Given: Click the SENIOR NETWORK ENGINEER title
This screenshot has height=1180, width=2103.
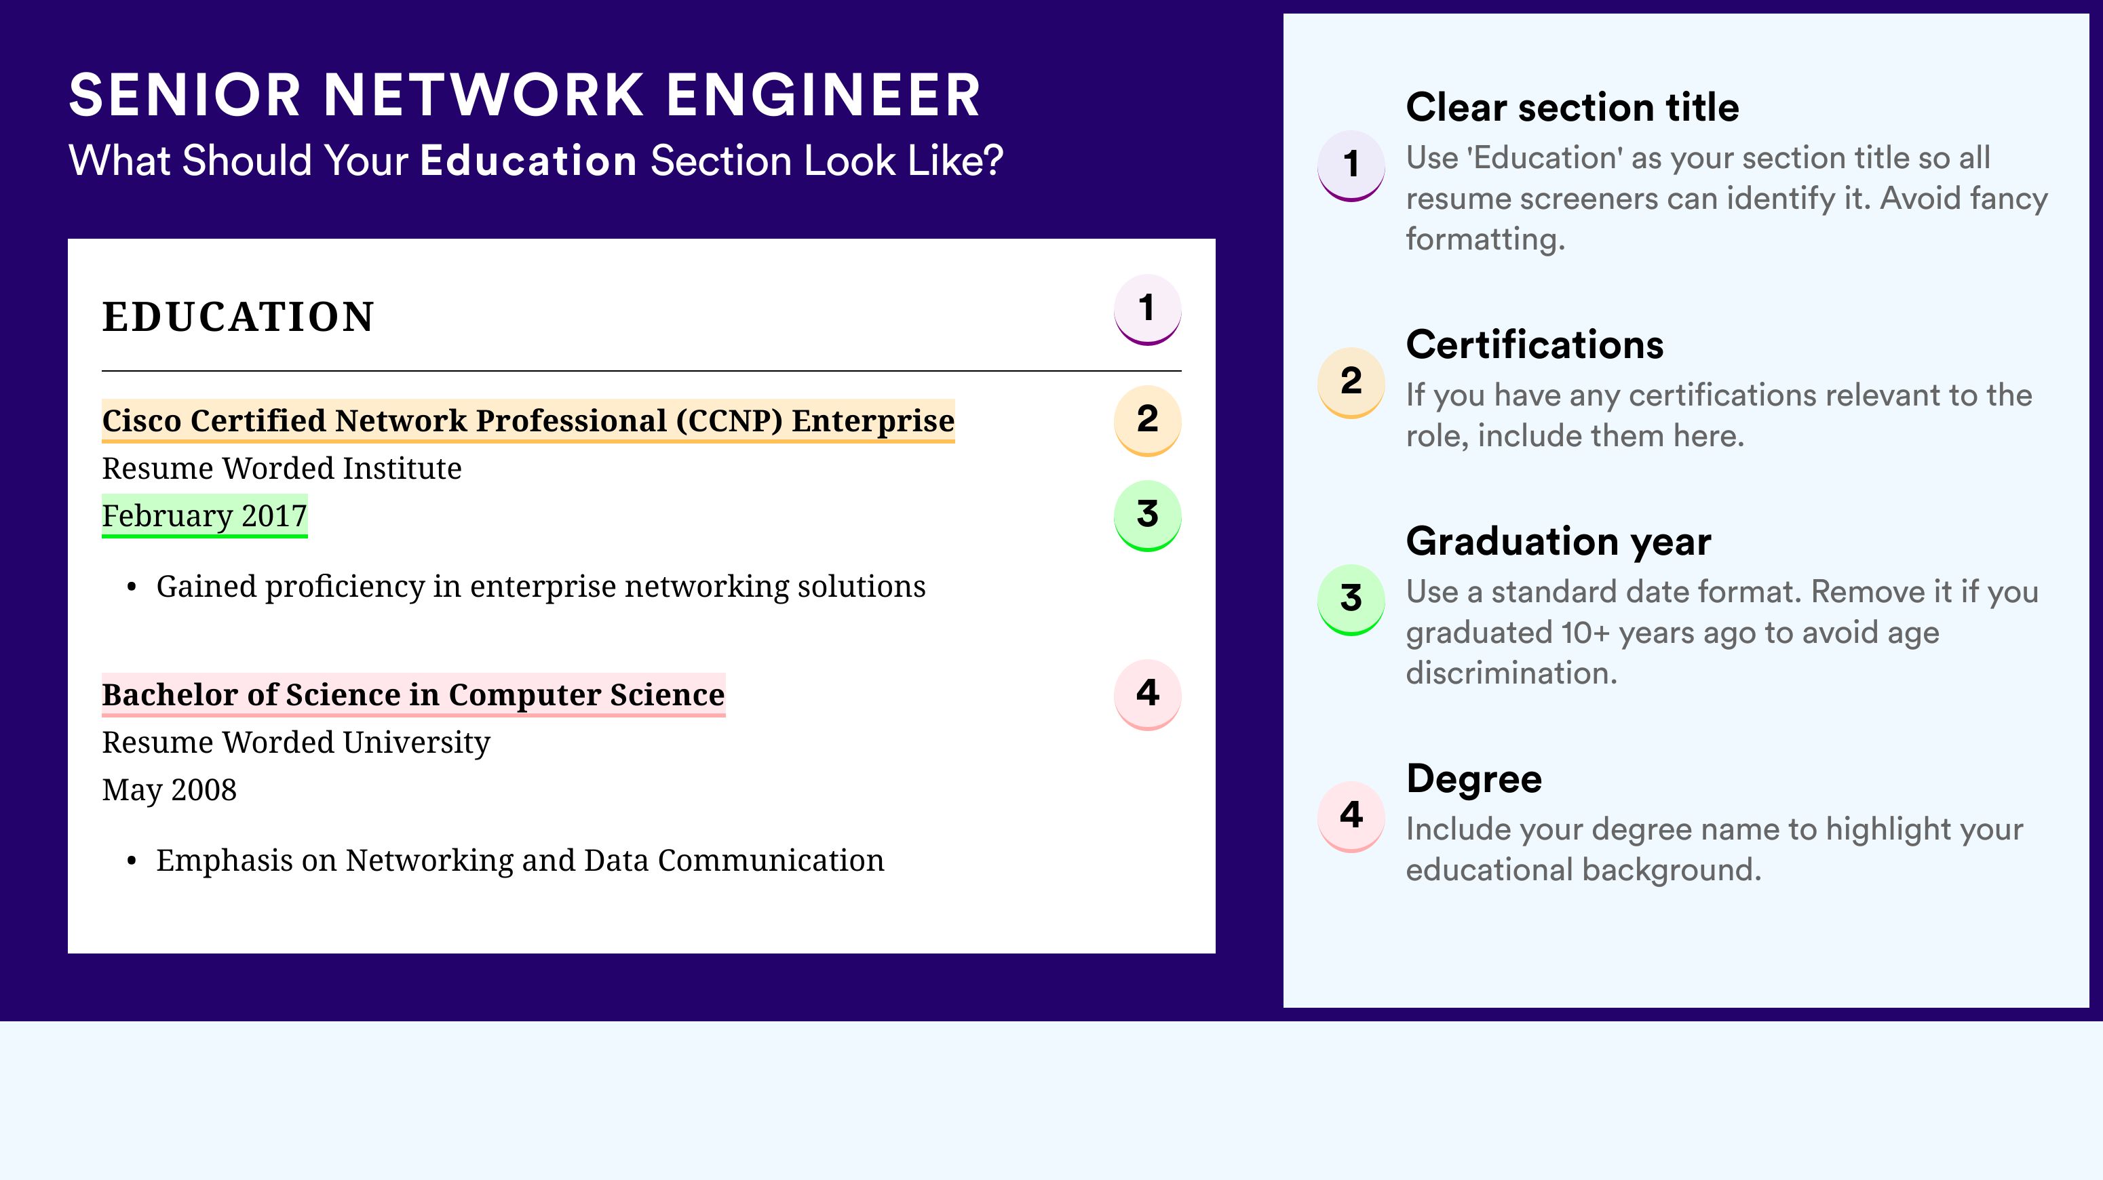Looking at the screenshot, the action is [524, 96].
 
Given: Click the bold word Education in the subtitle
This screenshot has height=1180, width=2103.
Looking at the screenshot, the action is [528, 161].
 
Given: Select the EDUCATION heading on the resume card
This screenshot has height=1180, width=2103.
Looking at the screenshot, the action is [237, 317].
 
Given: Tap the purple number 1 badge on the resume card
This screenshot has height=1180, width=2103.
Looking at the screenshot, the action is [1147, 309].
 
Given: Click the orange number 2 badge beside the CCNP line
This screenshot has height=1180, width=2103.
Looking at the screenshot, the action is [1147, 420].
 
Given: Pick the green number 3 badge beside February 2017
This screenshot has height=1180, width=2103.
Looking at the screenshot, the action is [1147, 515].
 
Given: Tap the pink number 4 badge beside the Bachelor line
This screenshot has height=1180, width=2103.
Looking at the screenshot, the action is [1147, 694].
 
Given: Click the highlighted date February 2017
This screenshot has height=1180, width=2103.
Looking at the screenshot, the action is [204, 515].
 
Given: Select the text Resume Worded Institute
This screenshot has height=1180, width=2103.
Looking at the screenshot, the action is [282, 469].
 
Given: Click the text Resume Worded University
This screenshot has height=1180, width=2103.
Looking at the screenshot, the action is [296, 743].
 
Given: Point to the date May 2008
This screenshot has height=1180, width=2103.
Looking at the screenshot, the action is [169, 790].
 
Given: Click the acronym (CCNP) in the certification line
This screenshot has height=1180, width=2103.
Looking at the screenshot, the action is [729, 420].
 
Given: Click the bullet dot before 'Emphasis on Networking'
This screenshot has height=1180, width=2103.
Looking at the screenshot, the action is [132, 863].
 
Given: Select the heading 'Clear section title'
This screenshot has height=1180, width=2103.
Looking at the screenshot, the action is [1573, 107].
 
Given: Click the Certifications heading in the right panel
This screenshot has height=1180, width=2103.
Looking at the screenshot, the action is [1535, 345].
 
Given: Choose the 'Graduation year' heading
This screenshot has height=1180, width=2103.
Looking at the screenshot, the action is [1558, 541].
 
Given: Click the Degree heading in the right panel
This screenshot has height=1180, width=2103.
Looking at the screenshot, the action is [1473, 779].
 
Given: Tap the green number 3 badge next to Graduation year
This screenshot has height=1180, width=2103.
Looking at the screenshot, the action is [1351, 599].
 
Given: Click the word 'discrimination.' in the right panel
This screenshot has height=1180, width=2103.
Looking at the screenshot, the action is [1511, 673].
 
